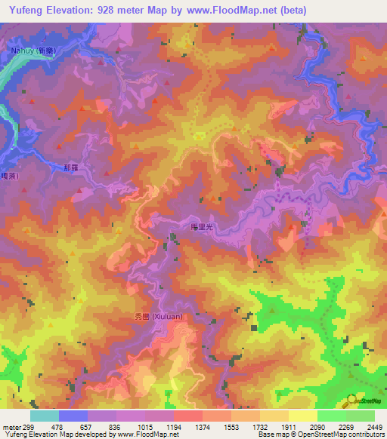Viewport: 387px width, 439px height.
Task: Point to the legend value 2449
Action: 361,426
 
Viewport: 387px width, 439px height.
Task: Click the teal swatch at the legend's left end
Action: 45,416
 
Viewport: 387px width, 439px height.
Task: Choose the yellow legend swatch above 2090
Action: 302,416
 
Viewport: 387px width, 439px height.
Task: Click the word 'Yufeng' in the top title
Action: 26,11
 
